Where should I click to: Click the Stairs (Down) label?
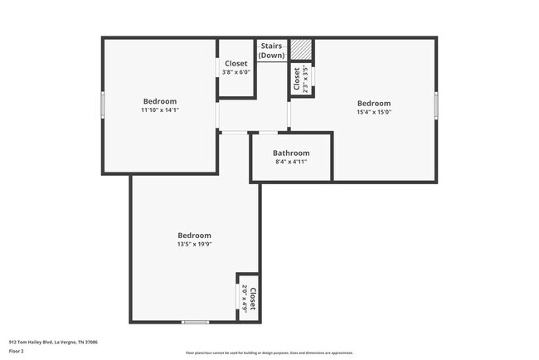point(272,51)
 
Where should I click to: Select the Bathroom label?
point(291,153)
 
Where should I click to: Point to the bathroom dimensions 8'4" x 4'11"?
point(291,162)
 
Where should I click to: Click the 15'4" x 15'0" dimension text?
point(374,112)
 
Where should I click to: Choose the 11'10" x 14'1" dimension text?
point(160,109)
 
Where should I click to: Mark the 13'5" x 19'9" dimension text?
point(195,244)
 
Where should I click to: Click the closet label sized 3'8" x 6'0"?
point(236,63)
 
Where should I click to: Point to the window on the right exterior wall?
point(436,106)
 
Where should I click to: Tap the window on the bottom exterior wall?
point(195,322)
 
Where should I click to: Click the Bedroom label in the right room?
point(374,104)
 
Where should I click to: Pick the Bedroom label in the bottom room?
point(195,235)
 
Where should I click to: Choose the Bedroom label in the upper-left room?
point(160,101)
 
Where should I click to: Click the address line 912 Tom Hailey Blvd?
point(53,341)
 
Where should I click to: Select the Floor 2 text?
point(17,351)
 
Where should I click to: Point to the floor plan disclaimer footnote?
point(269,353)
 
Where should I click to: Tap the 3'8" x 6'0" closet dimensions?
point(236,72)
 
